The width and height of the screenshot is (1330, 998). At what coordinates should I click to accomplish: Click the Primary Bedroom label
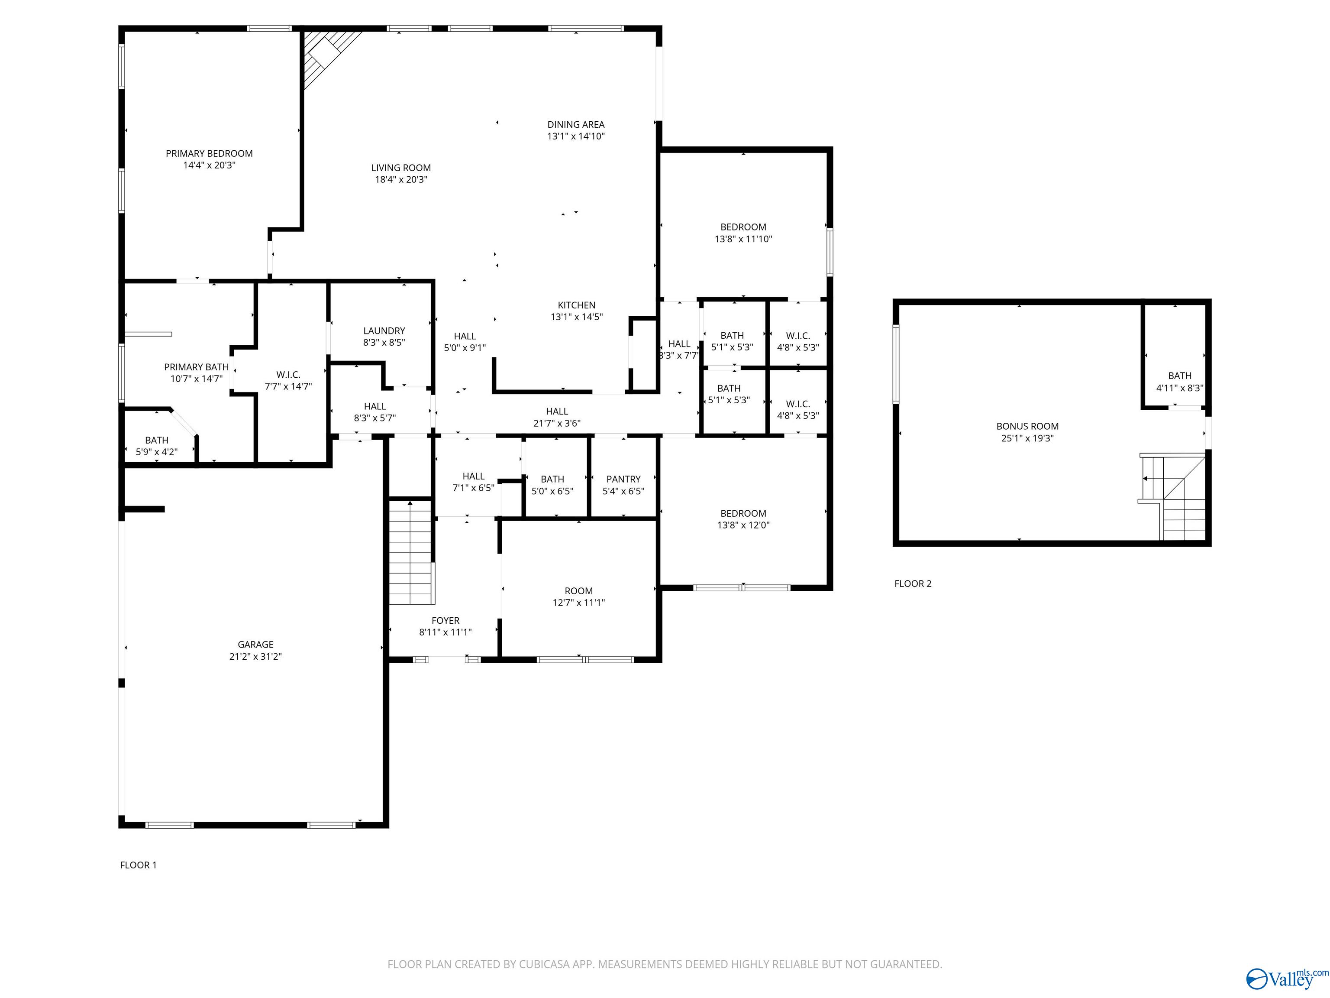pyautogui.click(x=209, y=153)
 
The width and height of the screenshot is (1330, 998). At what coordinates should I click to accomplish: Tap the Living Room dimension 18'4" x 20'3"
pyautogui.click(x=401, y=179)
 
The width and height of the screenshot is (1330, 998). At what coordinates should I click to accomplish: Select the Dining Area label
pyautogui.click(x=576, y=124)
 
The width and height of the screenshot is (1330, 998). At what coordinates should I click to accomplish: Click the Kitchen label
pyautogui.click(x=577, y=305)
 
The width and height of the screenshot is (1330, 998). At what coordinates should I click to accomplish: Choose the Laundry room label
pyautogui.click(x=384, y=331)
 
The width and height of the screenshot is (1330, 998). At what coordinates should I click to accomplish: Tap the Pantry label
pyautogui.click(x=623, y=479)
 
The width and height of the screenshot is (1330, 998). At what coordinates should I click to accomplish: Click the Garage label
pyautogui.click(x=255, y=644)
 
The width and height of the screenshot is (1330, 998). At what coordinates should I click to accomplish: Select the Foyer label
pyautogui.click(x=445, y=620)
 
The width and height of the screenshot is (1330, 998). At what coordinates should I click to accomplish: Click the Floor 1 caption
pyautogui.click(x=138, y=865)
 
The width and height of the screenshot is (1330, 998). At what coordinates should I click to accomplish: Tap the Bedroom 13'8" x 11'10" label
pyautogui.click(x=743, y=233)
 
